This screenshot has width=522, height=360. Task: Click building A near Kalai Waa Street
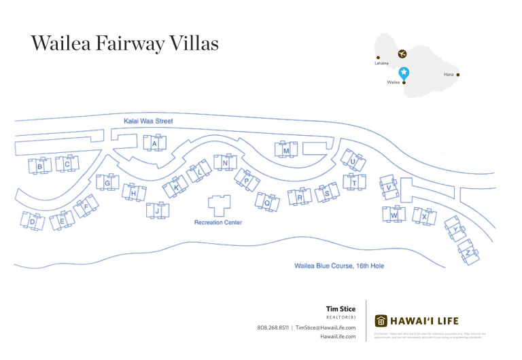(155, 143)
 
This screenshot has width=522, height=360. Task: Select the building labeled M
(286, 150)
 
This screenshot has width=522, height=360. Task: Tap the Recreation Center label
(218, 222)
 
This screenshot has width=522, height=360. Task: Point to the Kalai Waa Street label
(148, 122)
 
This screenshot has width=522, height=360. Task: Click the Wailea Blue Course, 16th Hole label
(339, 266)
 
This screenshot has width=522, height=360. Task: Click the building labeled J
(157, 211)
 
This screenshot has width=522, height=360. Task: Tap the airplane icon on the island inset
(402, 54)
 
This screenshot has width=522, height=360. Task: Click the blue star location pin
(404, 72)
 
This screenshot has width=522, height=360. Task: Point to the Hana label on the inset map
(448, 75)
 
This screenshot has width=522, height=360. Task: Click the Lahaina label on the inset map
(381, 63)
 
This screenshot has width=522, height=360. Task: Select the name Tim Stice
(341, 309)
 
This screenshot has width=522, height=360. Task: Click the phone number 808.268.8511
(273, 327)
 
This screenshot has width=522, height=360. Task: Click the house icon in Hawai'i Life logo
(381, 321)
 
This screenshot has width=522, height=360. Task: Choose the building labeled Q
(267, 202)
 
